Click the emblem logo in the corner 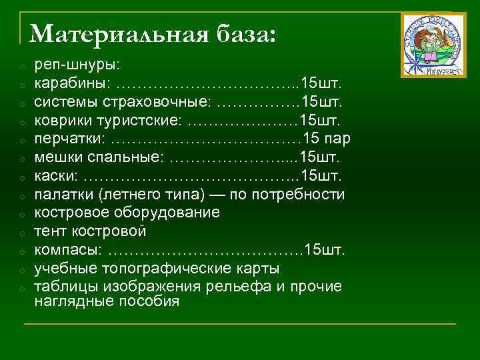pyautogui.click(x=433, y=45)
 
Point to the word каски pyautogui.click(x=55, y=176)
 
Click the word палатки pyautogui.click(x=64, y=195)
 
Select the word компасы pyautogui.click(x=68, y=250)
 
